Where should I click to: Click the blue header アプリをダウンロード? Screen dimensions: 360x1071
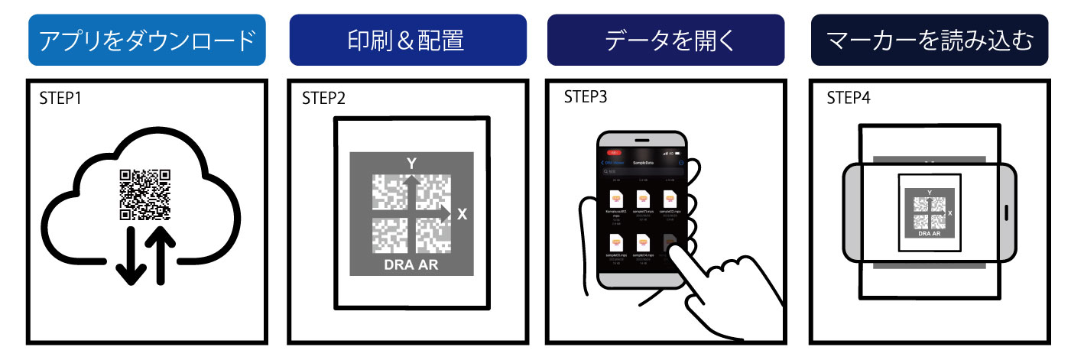146,40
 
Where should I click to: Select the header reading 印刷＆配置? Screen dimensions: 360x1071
407,40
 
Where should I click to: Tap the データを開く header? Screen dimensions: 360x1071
666,40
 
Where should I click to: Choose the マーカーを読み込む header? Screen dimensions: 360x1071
929,40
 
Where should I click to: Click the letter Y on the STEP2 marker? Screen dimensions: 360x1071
410,164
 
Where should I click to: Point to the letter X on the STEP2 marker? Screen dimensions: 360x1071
461,215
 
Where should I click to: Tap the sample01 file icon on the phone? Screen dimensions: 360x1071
641,203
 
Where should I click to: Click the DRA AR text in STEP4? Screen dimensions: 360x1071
928,234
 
